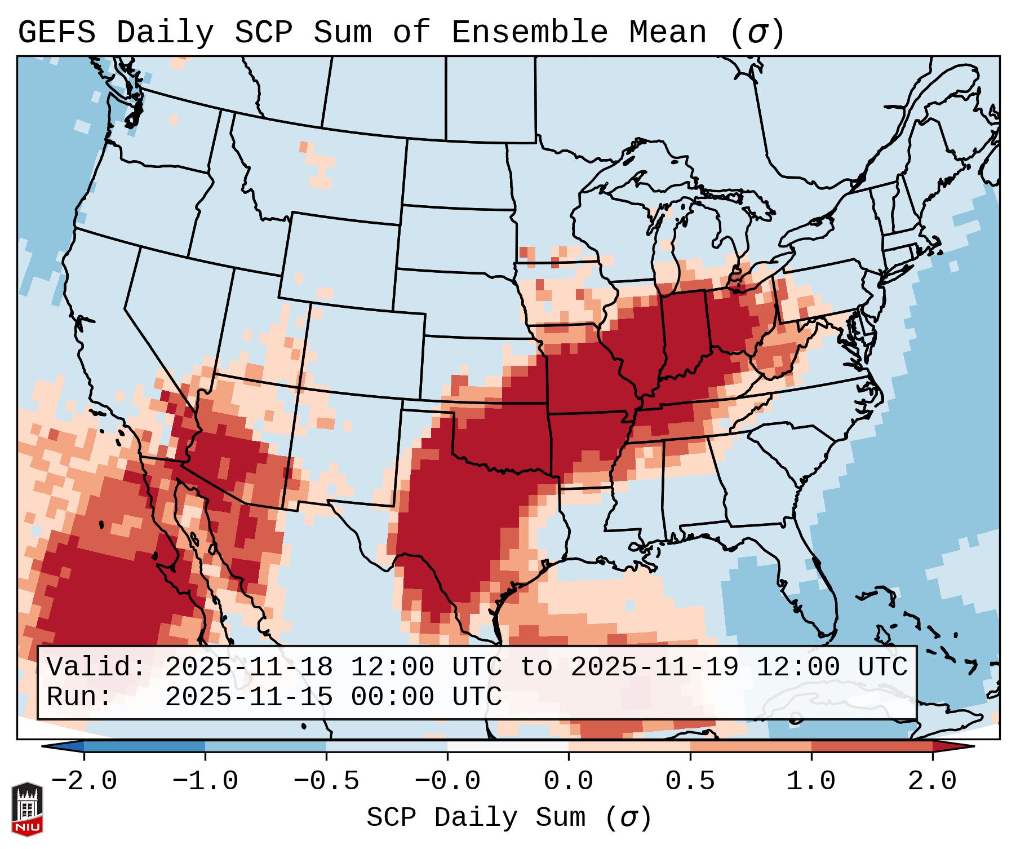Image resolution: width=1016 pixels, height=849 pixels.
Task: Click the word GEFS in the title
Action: pyautogui.click(x=56, y=33)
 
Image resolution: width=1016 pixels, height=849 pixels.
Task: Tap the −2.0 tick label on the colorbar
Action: pyautogui.click(x=84, y=781)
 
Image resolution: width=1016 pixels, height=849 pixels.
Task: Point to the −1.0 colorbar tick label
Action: pyautogui.click(x=205, y=781)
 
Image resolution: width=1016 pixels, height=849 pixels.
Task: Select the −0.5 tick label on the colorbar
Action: pyautogui.click(x=326, y=781)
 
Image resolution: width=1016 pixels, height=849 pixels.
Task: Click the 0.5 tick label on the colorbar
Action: pyautogui.click(x=690, y=781)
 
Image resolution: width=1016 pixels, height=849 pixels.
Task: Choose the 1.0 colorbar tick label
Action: pyautogui.click(x=811, y=781)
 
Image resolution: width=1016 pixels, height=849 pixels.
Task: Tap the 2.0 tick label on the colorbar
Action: pyautogui.click(x=933, y=781)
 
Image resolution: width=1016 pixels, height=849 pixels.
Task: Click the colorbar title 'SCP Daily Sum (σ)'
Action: pyautogui.click(x=509, y=818)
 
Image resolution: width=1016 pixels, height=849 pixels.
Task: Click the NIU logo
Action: pyautogui.click(x=27, y=809)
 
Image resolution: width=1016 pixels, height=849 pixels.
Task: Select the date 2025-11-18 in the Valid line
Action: pyautogui.click(x=249, y=667)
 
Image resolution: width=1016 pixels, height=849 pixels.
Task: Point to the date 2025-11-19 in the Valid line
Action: pyautogui.click(x=654, y=667)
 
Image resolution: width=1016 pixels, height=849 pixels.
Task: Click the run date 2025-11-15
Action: pyautogui.click(x=249, y=697)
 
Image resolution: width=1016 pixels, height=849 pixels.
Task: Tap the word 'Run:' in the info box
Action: pyautogui.click(x=79, y=697)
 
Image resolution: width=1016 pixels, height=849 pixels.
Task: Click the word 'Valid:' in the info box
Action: pyautogui.click(x=96, y=667)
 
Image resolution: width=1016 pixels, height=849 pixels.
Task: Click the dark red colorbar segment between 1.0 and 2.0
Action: pyautogui.click(x=872, y=746)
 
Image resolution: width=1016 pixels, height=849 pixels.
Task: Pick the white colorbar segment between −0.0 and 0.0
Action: pyautogui.click(x=508, y=746)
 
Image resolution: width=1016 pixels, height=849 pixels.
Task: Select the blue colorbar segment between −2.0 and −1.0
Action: pyautogui.click(x=144, y=746)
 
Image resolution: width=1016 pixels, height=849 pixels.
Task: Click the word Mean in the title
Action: pyautogui.click(x=668, y=33)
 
